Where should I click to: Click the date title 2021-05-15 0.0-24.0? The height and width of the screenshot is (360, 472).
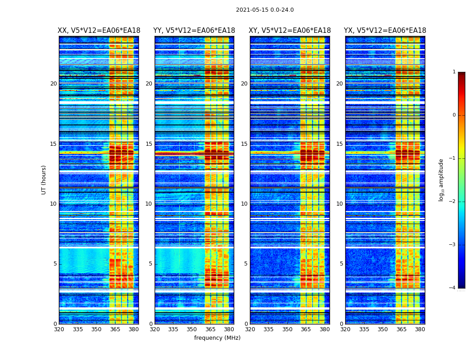[265, 10]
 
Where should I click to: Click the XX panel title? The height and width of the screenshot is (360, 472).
[99, 31]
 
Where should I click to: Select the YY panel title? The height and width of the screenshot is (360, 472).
[194, 31]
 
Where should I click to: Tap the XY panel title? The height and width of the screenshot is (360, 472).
[290, 31]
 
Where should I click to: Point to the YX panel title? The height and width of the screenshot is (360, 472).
[385, 31]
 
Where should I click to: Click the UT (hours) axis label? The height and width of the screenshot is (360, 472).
[44, 180]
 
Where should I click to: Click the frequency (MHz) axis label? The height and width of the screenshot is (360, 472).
[217, 338]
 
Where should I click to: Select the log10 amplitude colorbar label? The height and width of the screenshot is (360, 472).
[441, 180]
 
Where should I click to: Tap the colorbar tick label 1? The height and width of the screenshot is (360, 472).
[454, 72]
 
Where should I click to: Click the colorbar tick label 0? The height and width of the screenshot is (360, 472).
[454, 115]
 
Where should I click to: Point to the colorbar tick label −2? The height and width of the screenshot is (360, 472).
[453, 202]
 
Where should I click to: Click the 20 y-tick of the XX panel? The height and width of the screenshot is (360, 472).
[53, 84]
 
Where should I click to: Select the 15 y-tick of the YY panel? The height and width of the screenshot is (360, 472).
[149, 144]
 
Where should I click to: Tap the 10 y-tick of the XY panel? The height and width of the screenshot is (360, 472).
[244, 204]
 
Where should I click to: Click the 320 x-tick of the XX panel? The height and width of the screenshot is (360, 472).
[59, 329]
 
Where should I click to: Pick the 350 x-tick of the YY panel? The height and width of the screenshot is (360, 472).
[192, 329]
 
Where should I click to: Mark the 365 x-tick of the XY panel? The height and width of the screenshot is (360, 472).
[306, 329]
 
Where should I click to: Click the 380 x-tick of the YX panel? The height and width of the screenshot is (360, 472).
[420, 329]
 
